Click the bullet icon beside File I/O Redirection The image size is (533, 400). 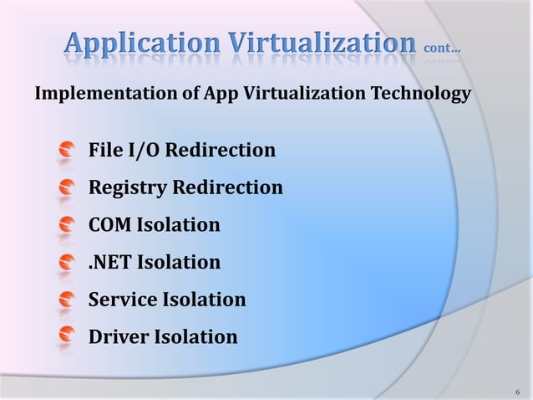tap(67, 151)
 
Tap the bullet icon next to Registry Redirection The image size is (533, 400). tap(67, 188)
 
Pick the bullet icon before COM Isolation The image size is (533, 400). tap(67, 226)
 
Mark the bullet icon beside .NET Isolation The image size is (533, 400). tap(67, 264)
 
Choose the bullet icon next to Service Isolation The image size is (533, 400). tap(67, 300)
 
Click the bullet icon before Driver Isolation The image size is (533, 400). tap(67, 338)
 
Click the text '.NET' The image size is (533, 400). tap(110, 263)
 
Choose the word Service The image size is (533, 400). tap(122, 300)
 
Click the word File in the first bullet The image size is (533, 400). tap(104, 151)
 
